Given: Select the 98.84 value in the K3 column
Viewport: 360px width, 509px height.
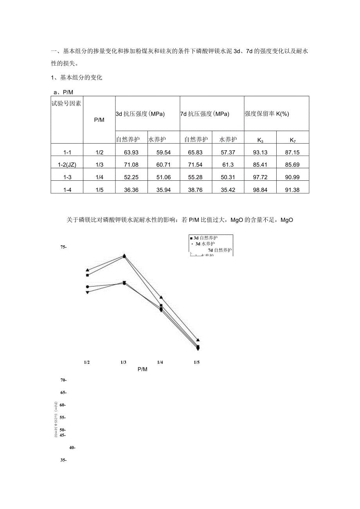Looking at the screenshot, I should click(x=260, y=189).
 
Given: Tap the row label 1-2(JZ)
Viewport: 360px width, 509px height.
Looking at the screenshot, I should click(x=67, y=164).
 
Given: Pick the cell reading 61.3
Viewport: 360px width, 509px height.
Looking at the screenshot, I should click(x=228, y=164).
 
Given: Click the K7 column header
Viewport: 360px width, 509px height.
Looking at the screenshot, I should click(x=292, y=140).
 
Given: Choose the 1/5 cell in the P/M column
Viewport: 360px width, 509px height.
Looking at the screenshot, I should click(x=99, y=189).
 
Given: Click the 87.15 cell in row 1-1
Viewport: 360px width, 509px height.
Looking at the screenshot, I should click(x=292, y=152).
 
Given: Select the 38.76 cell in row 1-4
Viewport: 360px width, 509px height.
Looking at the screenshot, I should click(x=196, y=189).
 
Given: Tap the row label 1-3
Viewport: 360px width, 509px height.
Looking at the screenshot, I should click(x=67, y=177).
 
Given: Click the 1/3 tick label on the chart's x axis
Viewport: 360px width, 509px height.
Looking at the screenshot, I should click(x=123, y=362).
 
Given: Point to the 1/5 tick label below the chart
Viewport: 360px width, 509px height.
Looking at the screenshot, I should click(x=196, y=362).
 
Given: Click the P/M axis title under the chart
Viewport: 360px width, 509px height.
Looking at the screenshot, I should click(x=142, y=369).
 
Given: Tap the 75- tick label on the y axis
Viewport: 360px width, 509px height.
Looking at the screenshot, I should click(x=63, y=247).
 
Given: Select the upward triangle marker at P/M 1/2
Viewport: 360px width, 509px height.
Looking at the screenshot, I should click(x=87, y=270).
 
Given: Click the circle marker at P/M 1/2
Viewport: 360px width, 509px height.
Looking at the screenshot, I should click(x=87, y=287).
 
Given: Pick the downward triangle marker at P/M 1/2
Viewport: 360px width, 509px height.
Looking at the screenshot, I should click(x=87, y=292).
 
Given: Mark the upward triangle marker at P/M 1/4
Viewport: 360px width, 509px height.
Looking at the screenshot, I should click(x=161, y=297).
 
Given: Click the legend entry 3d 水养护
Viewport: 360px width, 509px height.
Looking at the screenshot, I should click(x=205, y=243).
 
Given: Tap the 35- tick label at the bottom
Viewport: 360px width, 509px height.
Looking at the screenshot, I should click(x=63, y=460).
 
